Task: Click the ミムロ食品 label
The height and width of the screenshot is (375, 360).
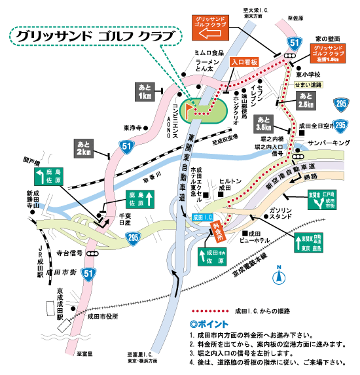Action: (209, 52)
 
